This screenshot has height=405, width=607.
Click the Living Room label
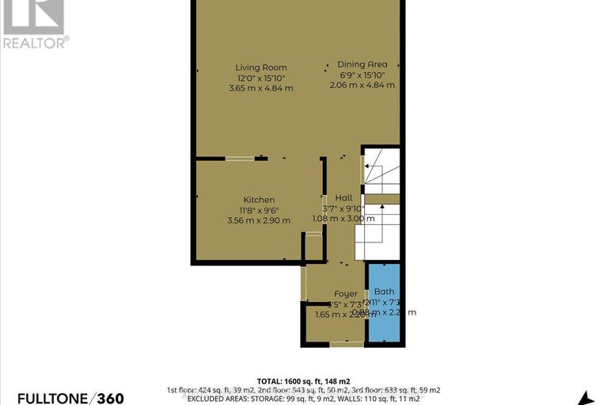(x=260, y=67)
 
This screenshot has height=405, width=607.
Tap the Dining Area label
(x=361, y=64)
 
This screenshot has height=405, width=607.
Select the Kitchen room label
(x=259, y=199)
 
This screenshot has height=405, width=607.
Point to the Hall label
(x=343, y=197)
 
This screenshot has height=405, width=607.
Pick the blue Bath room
(x=385, y=313)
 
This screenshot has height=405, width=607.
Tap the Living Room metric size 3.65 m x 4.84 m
(x=260, y=88)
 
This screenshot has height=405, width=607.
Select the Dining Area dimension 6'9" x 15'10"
(x=361, y=75)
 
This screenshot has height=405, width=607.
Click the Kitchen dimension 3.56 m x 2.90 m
(x=259, y=220)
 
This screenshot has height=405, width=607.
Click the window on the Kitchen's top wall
(x=239, y=159)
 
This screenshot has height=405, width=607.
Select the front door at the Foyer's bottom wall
(x=346, y=343)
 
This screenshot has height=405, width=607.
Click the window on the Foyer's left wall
(x=303, y=284)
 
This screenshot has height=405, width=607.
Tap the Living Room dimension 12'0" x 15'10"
(x=260, y=78)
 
